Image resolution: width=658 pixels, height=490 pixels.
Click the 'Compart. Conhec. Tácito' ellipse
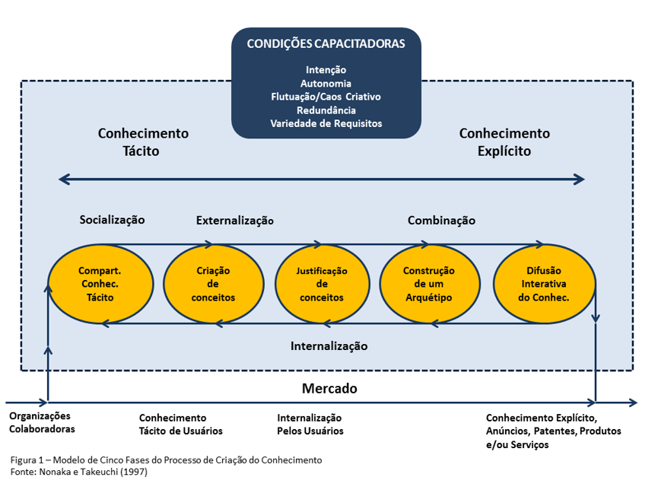point(100,284)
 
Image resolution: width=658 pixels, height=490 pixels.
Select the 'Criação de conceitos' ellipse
point(213,284)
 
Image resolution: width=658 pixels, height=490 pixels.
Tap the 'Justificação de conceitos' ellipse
point(321,284)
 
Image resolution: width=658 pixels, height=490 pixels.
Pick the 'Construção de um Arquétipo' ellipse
point(429,284)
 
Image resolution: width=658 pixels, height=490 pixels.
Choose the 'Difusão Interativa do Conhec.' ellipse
point(543,284)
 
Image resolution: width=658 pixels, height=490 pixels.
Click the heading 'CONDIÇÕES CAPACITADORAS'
point(326,43)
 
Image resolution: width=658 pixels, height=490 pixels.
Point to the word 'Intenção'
point(326,70)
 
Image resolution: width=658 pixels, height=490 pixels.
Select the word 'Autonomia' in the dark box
point(326,84)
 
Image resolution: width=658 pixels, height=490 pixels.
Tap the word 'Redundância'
point(326,110)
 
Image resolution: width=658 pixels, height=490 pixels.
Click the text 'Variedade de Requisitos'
point(326,123)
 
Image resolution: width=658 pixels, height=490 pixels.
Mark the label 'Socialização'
point(112,219)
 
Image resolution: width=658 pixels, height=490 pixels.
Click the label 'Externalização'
point(234,221)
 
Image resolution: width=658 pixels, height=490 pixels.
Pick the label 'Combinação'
point(441,221)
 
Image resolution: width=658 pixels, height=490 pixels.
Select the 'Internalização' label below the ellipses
point(329,345)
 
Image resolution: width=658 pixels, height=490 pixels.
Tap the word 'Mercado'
point(329,389)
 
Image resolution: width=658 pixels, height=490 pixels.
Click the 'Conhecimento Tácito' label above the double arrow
point(143,142)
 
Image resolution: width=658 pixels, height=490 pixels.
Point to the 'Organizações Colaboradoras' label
point(42,422)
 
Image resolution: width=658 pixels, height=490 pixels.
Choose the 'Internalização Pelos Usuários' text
point(310,424)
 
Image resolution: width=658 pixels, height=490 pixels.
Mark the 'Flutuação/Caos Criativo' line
point(326,97)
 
